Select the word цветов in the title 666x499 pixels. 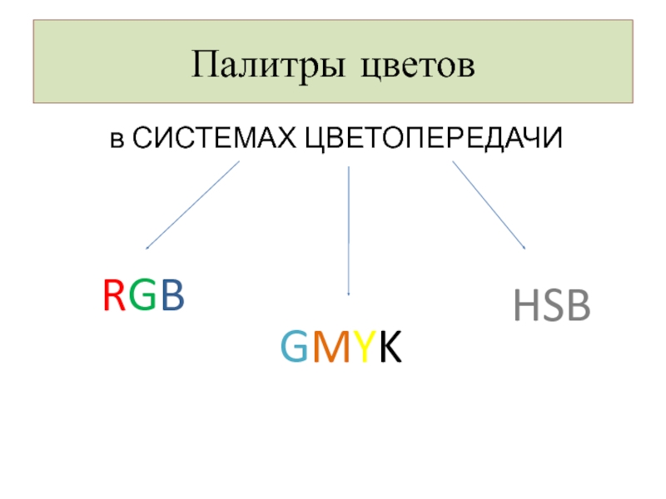[417, 65]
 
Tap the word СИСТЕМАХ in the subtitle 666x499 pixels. [213, 138]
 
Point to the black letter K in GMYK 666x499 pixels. [388, 348]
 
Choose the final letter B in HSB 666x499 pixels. [578, 308]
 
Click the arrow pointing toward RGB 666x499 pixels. [192, 205]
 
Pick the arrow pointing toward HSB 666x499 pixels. [489, 205]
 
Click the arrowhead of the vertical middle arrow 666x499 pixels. [348, 294]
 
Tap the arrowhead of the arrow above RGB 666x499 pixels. [147, 247]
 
